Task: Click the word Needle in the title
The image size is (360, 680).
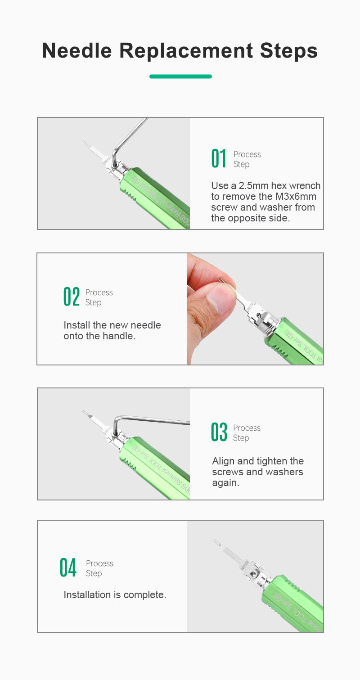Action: click(77, 50)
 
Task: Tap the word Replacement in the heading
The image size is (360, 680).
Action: click(186, 50)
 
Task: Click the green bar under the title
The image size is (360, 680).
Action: click(180, 77)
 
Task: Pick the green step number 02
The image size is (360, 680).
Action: click(72, 297)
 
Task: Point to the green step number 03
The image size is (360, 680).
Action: click(219, 432)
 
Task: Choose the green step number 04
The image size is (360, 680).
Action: click(68, 567)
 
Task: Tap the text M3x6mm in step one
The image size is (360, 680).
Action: click(296, 196)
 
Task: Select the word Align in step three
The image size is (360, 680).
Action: click(223, 461)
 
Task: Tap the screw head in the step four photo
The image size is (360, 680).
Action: click(252, 573)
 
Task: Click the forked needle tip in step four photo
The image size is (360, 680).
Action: click(216, 541)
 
